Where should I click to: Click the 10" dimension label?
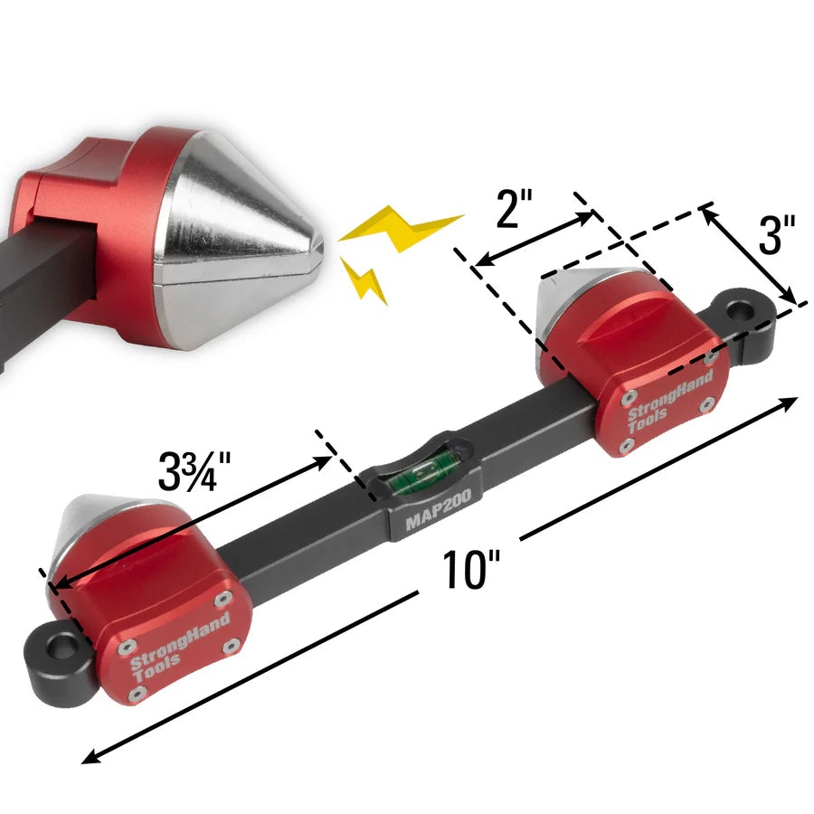(471, 573)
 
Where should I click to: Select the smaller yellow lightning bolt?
(365, 280)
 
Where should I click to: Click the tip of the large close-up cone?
(318, 245)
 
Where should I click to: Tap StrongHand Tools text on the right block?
(669, 396)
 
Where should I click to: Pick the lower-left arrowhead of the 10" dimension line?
(88, 758)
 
